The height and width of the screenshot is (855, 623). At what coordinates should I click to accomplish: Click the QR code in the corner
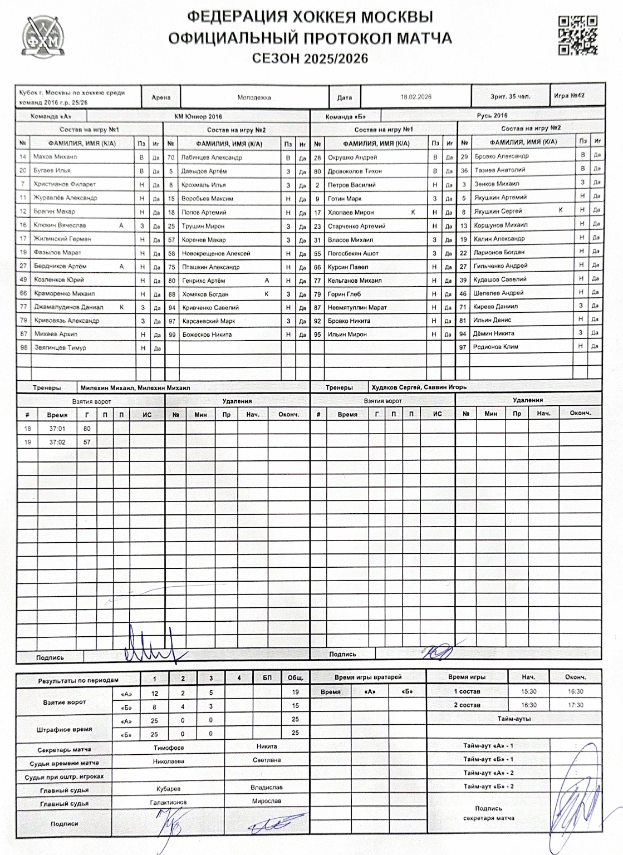point(577,35)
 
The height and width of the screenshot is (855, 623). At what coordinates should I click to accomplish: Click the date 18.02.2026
point(416,97)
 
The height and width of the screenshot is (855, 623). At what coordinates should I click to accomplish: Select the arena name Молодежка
point(254,97)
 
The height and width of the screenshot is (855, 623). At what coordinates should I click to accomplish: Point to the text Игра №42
point(569,96)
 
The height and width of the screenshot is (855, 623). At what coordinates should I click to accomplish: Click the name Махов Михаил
point(55,157)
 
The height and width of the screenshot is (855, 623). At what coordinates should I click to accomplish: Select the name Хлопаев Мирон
point(351,213)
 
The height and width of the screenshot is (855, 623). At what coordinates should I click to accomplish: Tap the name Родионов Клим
point(496,347)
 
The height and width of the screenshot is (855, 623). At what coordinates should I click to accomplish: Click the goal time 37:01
point(57,429)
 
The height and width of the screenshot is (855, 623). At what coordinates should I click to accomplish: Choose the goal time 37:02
point(57,443)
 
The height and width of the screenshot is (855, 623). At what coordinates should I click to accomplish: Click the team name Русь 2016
point(492,116)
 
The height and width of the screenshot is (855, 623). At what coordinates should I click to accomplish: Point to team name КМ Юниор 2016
point(198,117)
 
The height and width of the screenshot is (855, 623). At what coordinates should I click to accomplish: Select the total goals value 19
point(295,692)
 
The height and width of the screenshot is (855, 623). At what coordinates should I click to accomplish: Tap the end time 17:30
point(576,705)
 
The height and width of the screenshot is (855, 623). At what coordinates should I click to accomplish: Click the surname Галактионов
point(168,802)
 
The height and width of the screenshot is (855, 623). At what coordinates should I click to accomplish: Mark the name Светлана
point(267,760)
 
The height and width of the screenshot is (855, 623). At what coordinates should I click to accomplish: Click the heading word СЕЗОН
point(276,58)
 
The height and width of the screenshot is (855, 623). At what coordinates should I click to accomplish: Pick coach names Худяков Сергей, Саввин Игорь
point(418,387)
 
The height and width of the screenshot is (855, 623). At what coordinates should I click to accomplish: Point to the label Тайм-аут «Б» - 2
point(488,787)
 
